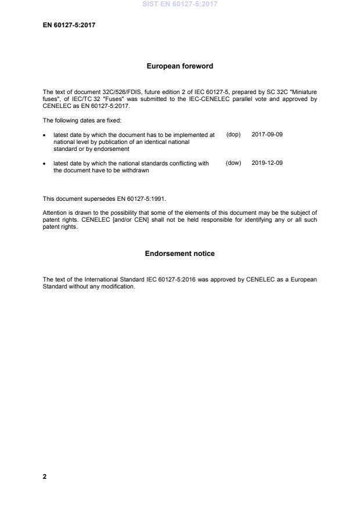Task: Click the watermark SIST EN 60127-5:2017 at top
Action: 179,5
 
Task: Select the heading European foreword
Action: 179,66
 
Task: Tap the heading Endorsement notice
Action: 179,254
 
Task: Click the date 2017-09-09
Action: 267,135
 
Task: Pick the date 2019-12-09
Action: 267,164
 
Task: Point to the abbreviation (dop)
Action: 233,135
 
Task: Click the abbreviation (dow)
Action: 233,164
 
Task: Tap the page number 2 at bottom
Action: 45,476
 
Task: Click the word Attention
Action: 55,213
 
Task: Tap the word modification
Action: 118,286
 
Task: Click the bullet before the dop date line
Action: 45,135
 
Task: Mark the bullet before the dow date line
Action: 45,164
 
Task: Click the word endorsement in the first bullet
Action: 112,149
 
